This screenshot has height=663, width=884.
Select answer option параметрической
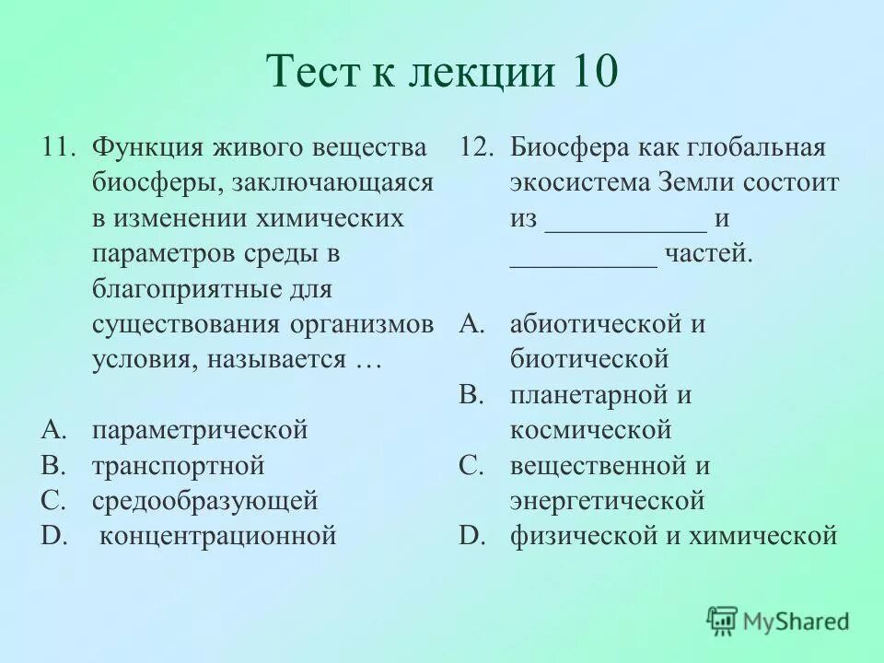[200, 430]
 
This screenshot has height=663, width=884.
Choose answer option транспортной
[178, 465]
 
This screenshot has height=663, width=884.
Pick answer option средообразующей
[204, 501]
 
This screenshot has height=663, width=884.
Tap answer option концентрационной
[217, 535]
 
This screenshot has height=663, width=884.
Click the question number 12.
[477, 147]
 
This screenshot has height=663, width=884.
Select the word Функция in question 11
[149, 147]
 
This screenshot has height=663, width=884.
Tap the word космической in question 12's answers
[590, 430]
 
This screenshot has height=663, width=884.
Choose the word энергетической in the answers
[607, 501]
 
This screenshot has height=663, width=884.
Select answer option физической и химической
[673, 535]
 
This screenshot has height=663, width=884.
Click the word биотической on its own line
[589, 359]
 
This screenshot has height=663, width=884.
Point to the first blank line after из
[626, 225]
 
